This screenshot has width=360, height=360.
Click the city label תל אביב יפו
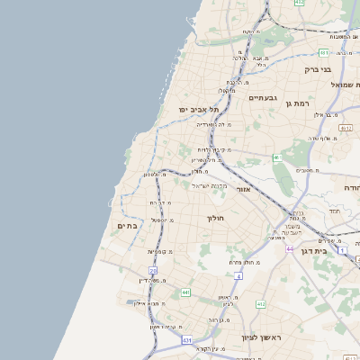pyautogui.click(x=194, y=109)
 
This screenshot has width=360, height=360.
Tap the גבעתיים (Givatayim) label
pyautogui.click(x=262, y=97)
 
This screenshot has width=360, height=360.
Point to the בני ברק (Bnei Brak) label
pyautogui.click(x=318, y=68)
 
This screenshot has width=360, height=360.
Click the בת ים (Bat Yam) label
pyautogui.click(x=127, y=226)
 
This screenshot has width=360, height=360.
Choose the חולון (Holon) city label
pyautogui.click(x=214, y=218)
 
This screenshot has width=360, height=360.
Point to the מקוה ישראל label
pyautogui.click(x=204, y=184)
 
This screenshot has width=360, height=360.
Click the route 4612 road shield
pyautogui.click(x=346, y=129)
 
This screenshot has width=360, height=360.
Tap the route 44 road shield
pyautogui.click(x=290, y=248)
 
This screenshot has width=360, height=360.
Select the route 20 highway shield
pyautogui.click(x=153, y=270)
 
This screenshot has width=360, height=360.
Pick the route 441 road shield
pyautogui.click(x=184, y=292)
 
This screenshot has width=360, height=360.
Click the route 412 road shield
pyautogui.click(x=261, y=305)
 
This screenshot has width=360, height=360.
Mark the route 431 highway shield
pyautogui.click(x=186, y=340)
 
